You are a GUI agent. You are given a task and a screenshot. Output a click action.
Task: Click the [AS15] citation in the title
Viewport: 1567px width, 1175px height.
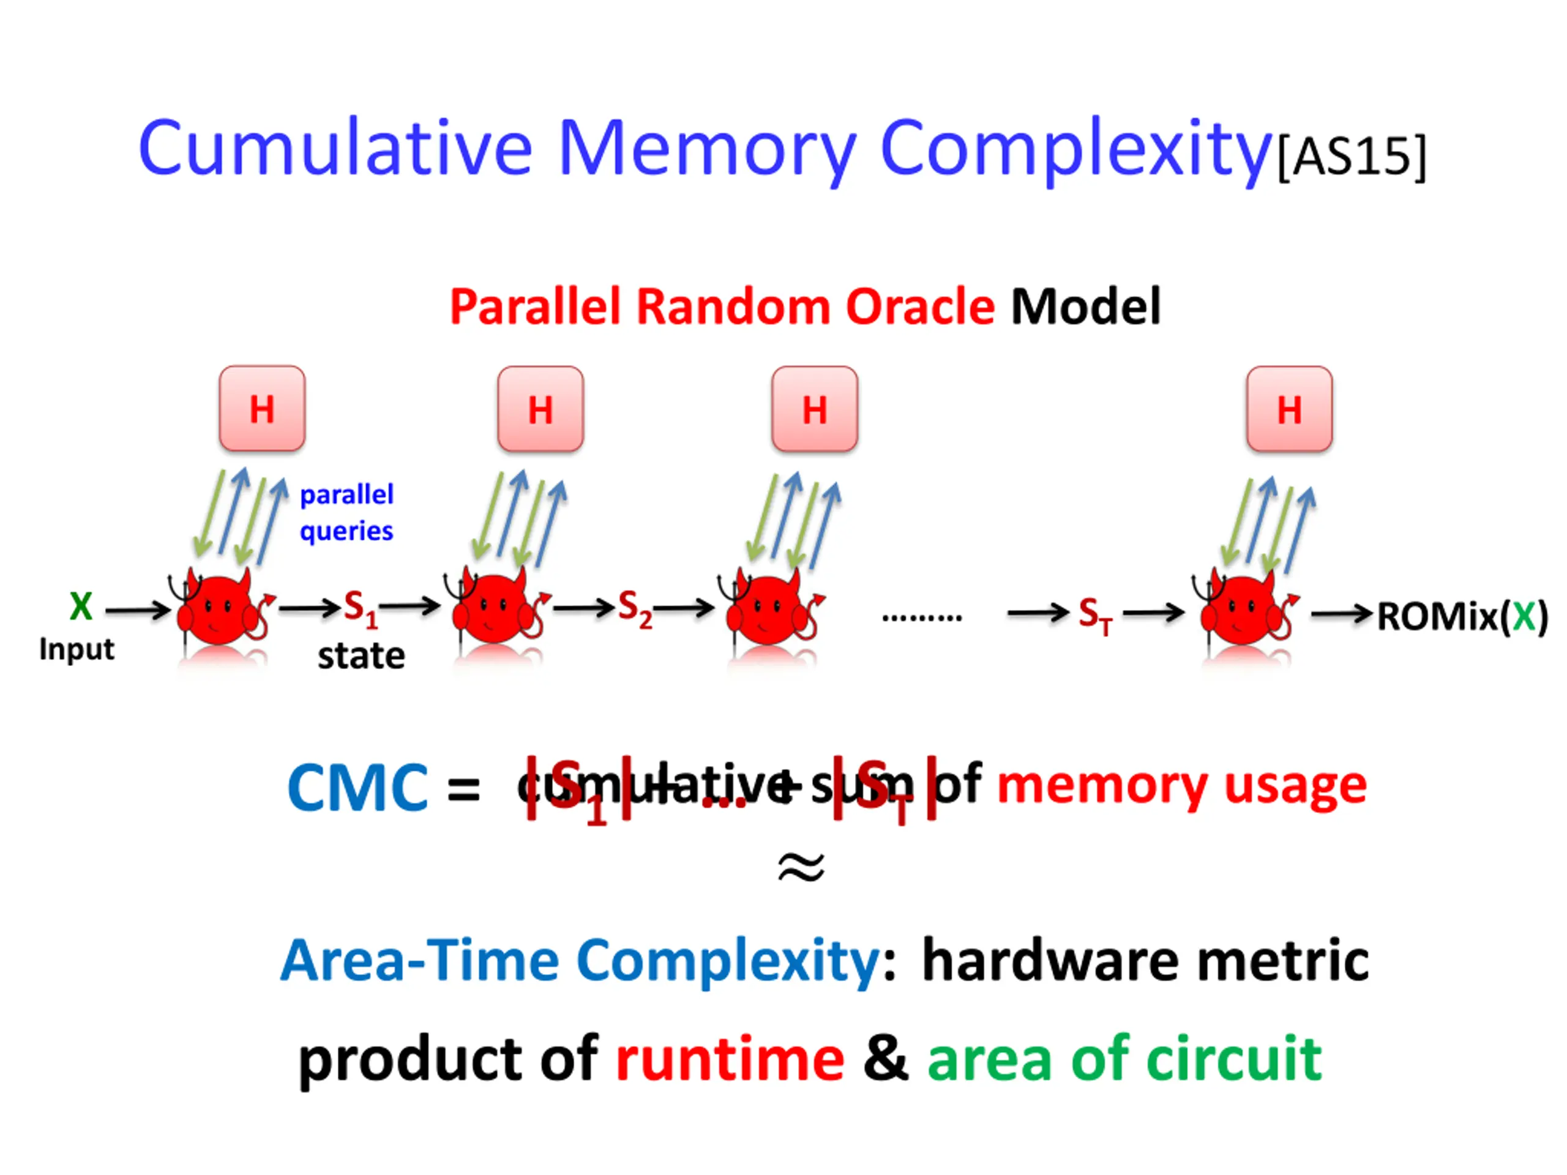tap(1351, 157)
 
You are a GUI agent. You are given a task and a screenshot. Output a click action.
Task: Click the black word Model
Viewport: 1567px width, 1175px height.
tap(1085, 307)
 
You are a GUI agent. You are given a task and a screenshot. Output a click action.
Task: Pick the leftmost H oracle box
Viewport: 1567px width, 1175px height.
tap(262, 409)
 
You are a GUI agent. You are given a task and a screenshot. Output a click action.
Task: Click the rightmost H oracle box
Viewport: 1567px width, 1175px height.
tap(1288, 409)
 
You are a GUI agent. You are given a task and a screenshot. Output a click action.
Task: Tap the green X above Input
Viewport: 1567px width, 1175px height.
tap(81, 606)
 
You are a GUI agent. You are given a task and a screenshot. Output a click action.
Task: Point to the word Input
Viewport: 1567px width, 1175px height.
tap(77, 649)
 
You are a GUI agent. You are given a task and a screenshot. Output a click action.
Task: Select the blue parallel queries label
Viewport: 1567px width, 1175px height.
tap(346, 513)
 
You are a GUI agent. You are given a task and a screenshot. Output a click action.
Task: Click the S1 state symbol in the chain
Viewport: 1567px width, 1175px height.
tap(360, 609)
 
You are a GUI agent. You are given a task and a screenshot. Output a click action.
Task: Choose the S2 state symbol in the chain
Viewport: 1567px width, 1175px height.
tap(634, 609)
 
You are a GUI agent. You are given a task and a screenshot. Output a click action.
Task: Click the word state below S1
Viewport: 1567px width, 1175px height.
tap(361, 657)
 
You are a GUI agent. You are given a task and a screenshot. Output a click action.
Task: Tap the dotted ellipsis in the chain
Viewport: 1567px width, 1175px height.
tap(922, 617)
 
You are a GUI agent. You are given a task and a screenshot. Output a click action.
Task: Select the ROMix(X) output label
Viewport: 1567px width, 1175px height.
tap(1462, 616)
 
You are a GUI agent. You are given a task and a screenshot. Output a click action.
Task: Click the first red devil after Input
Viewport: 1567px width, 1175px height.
tap(220, 609)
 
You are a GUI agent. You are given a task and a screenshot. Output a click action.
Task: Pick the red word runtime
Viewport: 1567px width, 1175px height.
tap(730, 1059)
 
